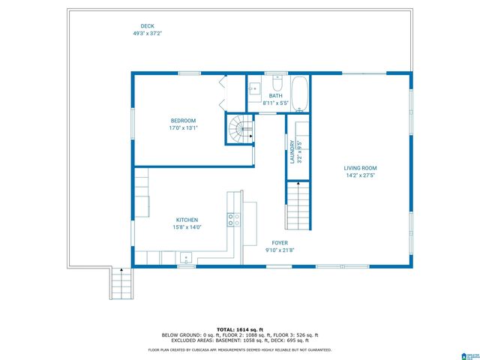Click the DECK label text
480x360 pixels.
point(147,25)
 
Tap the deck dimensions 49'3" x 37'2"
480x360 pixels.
point(147,33)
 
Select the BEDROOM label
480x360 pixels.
point(183,121)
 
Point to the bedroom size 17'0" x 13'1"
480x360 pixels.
point(183,128)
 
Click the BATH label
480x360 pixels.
point(276,95)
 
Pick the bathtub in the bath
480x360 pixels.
point(300,92)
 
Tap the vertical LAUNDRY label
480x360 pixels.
point(292,153)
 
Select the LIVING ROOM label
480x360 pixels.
point(360,168)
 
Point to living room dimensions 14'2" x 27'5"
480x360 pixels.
point(360,175)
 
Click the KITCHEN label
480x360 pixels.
point(187,220)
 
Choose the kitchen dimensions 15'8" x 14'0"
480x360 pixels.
point(187,227)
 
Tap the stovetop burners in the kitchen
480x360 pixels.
point(234,220)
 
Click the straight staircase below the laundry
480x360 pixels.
point(298,206)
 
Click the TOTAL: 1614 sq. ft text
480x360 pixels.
point(240,329)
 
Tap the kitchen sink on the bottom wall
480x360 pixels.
point(186,259)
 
